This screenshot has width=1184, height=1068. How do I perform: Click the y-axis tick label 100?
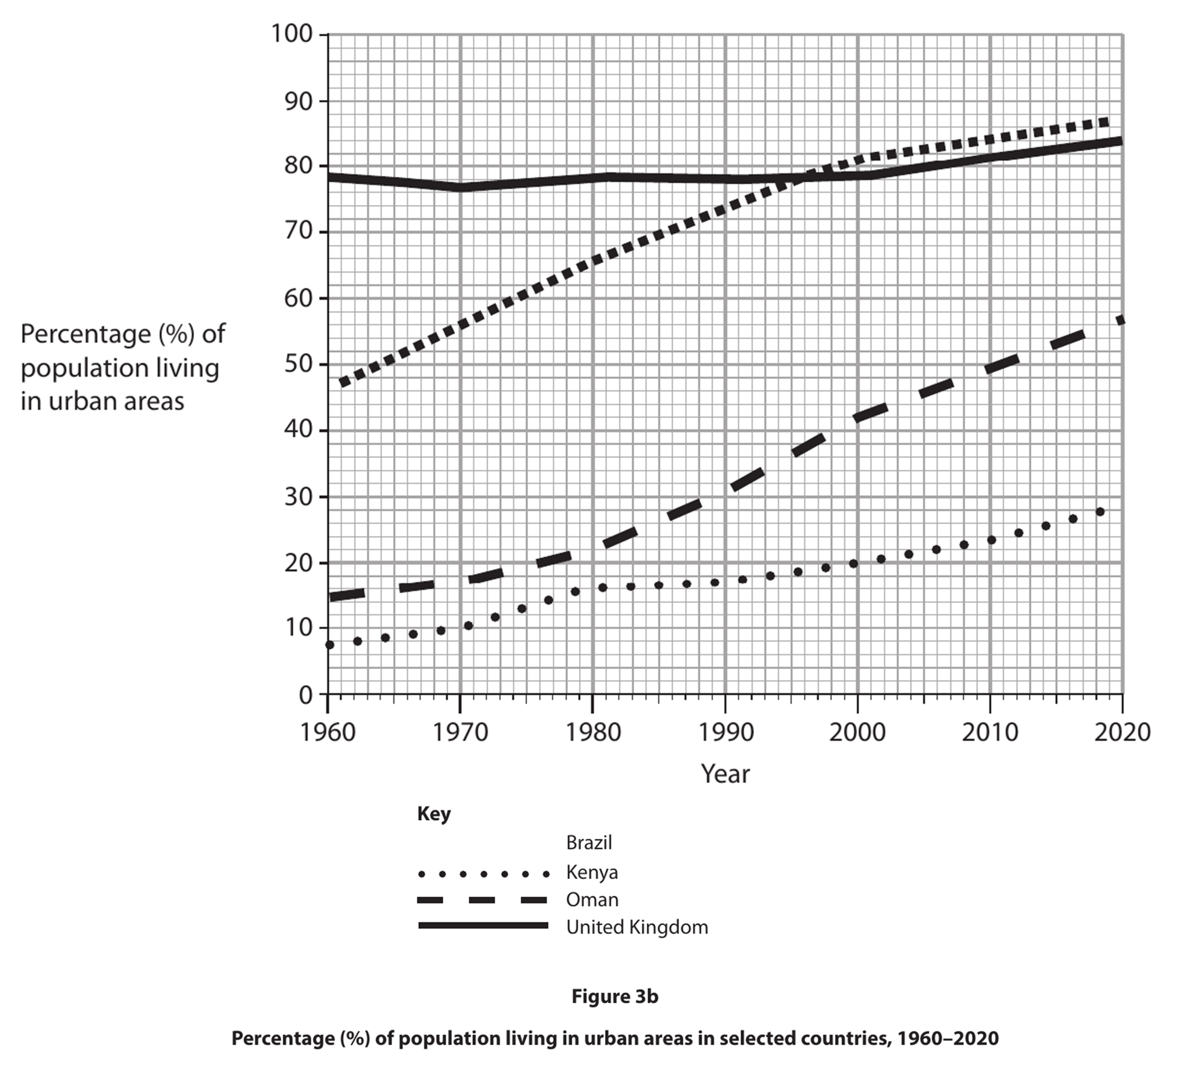291,34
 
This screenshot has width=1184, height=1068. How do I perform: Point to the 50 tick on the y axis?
299,364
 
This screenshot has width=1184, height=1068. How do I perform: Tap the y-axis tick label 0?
306,695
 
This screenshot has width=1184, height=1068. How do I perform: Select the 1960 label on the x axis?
327,732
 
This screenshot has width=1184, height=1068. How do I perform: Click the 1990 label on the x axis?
725,732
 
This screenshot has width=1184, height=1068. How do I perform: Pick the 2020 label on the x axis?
1122,732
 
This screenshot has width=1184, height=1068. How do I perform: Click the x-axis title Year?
725,774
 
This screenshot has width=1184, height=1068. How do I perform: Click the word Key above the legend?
434,814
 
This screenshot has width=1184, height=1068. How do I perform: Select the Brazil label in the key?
588,843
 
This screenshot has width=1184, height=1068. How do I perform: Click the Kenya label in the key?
592,872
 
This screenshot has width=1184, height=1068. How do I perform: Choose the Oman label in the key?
592,900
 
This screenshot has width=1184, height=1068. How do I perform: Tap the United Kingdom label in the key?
637,927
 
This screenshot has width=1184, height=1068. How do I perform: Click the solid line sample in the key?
483,925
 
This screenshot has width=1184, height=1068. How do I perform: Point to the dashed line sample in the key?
483,900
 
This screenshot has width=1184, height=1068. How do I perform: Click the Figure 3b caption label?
614,997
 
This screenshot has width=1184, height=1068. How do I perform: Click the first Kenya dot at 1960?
330,645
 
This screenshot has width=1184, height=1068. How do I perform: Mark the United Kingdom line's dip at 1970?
460,187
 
